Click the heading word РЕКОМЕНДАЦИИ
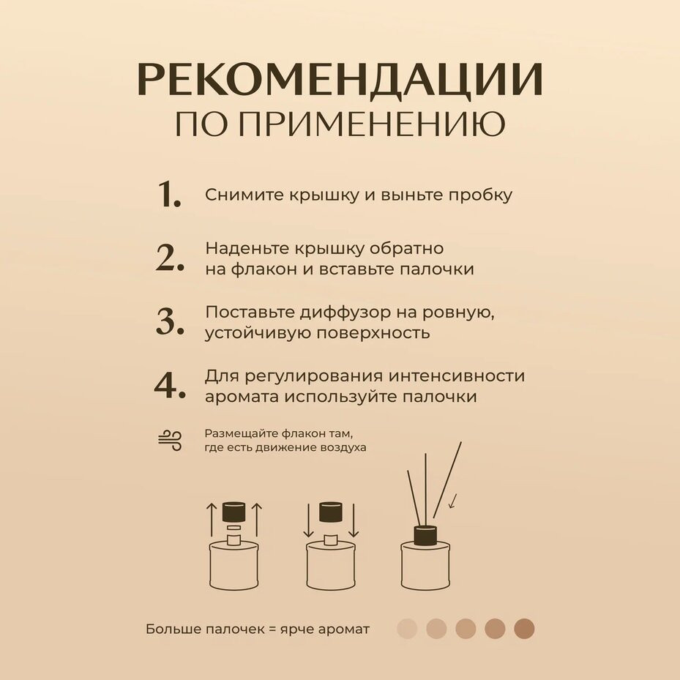coord(340,79)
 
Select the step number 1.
coord(169,194)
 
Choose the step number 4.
coord(170,385)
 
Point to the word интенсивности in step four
coord(456,376)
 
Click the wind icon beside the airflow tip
coord(170,441)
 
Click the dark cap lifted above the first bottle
coord(234,512)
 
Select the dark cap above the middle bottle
coord(331,512)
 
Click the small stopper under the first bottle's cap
coord(234,528)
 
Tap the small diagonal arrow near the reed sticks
coord(453,501)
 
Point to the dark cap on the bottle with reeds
coord(425,535)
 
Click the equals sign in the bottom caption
coord(272,629)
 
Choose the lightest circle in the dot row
coord(407,629)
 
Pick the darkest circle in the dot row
coord(524,629)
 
